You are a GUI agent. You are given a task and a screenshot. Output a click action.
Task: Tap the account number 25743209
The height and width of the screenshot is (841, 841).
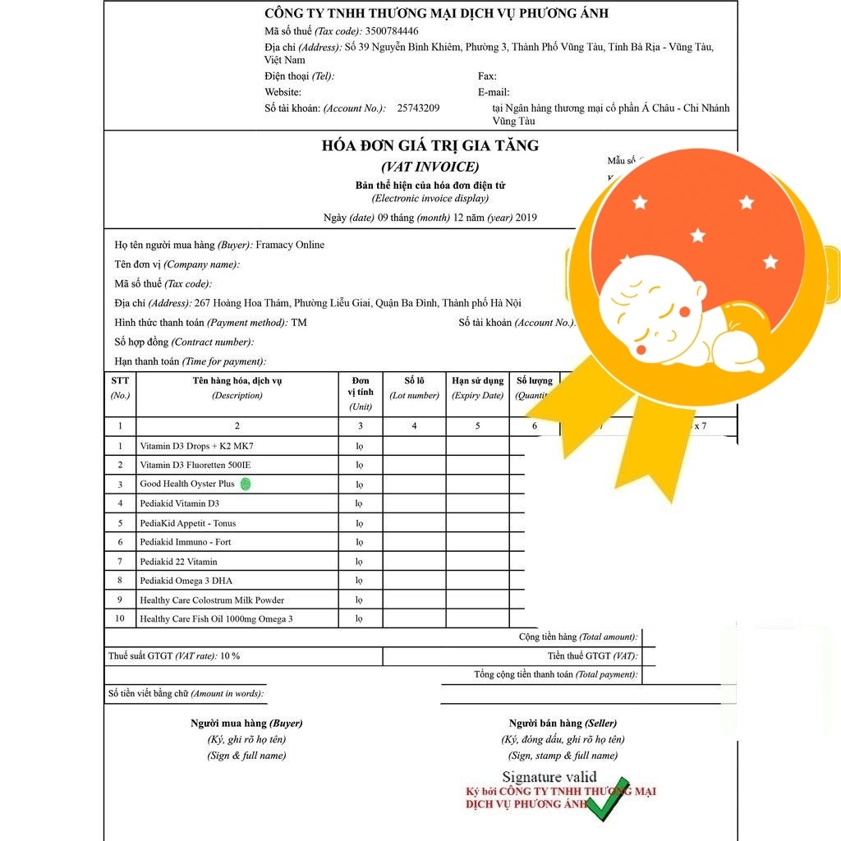pos(418,108)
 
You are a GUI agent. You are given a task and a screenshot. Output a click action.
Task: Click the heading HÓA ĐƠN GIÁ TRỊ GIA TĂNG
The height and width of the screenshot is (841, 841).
pos(430,146)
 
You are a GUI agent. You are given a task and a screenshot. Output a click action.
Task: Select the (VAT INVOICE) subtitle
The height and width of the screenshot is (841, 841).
pos(430,167)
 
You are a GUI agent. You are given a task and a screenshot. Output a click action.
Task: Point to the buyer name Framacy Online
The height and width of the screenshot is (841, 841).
pos(290,245)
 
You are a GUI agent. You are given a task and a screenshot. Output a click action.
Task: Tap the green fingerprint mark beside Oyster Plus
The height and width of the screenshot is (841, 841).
pos(246,485)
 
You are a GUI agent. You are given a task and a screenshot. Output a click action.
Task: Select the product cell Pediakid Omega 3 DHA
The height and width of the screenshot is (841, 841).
pos(186,581)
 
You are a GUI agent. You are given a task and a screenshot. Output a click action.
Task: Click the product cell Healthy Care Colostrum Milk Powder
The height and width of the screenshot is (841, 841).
pos(212,600)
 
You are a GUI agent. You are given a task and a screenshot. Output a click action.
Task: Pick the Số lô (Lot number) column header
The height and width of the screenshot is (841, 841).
pos(414,388)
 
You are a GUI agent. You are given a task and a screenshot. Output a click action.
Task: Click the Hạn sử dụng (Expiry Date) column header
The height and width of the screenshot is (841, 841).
pos(477,388)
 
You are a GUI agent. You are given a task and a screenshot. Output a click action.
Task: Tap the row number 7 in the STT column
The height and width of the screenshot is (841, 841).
pos(120,562)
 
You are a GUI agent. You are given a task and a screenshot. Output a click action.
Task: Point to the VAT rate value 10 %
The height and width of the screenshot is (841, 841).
pos(230,656)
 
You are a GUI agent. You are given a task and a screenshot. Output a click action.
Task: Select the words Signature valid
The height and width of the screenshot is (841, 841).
pos(549,777)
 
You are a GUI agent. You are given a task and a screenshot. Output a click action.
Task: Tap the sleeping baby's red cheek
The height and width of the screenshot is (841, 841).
pos(642,348)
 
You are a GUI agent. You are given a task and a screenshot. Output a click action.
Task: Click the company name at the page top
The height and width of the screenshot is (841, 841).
pos(436,13)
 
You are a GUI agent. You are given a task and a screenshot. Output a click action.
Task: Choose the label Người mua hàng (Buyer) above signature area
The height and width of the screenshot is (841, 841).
pos(246,724)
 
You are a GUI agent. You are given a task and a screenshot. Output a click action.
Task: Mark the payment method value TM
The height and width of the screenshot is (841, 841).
pos(299,323)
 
